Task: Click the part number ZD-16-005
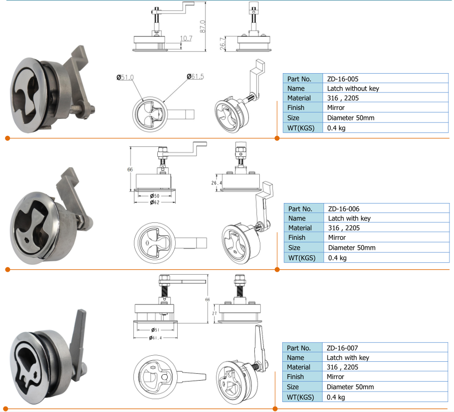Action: [x=342, y=79]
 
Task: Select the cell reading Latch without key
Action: [x=353, y=89]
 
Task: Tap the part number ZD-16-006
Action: [x=343, y=209]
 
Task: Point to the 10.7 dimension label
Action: [x=186, y=38]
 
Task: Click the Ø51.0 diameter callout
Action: [x=125, y=77]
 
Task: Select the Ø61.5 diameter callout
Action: [x=196, y=77]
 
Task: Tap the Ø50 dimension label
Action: [x=154, y=196]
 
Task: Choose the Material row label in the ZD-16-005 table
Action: [x=299, y=98]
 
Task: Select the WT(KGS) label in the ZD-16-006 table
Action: [x=301, y=258]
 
